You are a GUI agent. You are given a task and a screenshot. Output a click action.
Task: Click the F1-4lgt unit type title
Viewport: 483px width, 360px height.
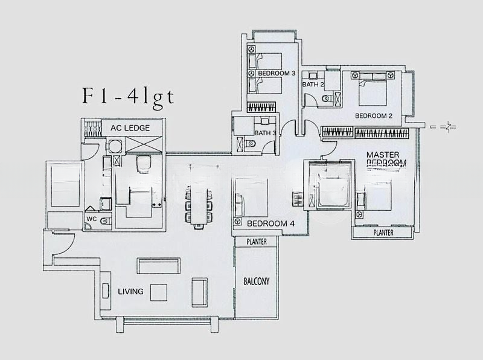click(127, 97)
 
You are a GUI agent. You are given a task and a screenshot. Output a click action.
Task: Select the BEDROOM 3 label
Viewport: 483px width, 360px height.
click(276, 73)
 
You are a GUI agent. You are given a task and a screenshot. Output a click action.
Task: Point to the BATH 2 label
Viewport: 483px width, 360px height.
click(313, 85)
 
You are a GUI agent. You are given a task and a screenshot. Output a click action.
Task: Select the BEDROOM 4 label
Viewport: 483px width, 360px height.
click(271, 223)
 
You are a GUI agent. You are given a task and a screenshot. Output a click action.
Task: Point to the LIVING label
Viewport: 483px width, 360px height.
click(131, 291)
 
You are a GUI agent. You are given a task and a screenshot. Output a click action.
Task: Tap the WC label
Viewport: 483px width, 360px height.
click(92, 218)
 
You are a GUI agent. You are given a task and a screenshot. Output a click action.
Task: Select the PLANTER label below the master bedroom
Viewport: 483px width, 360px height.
click(383, 233)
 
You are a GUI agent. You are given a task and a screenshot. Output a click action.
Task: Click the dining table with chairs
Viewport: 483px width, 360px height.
click(199, 206)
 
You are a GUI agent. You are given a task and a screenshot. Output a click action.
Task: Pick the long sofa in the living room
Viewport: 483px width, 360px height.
click(158, 266)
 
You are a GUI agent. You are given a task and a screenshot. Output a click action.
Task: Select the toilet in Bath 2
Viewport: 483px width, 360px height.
click(328, 98)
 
